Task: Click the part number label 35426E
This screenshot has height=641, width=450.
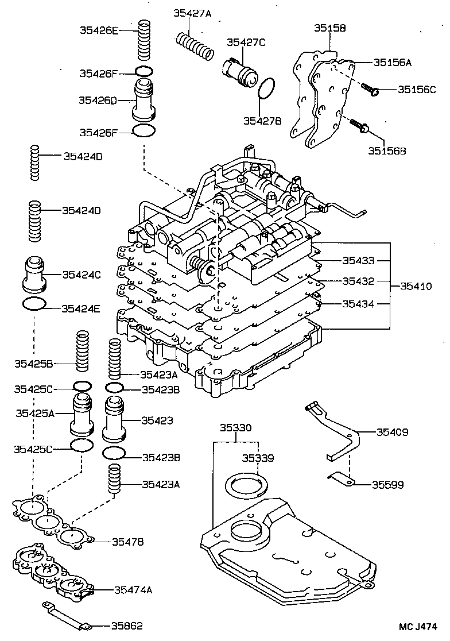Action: pos(98,30)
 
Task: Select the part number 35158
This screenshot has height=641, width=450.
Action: pos(329,27)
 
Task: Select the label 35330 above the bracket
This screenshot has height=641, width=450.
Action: pos(236,428)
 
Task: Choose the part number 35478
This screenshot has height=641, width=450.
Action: pos(127,541)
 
